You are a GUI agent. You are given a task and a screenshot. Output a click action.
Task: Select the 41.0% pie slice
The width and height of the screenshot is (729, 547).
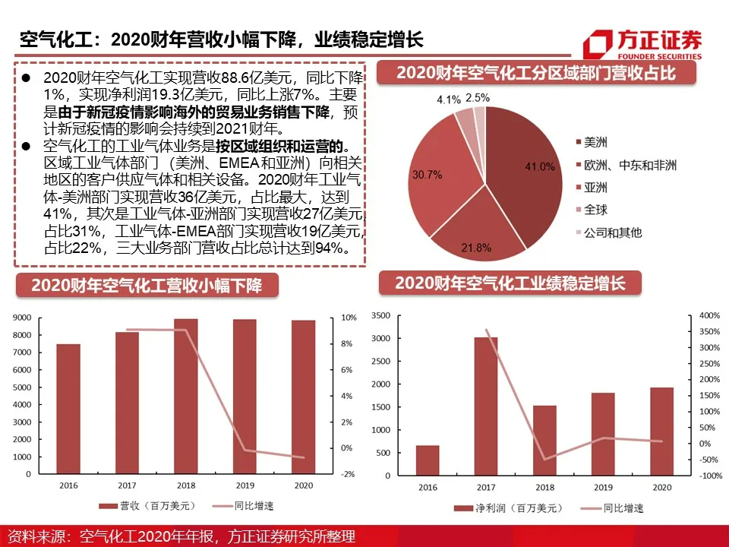pyautogui.click(x=523, y=175)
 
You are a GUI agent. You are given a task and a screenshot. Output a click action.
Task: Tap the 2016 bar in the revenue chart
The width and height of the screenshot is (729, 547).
pyautogui.click(x=68, y=409)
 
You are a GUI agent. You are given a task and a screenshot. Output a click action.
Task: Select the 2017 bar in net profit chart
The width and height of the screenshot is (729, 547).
pyautogui.click(x=486, y=406)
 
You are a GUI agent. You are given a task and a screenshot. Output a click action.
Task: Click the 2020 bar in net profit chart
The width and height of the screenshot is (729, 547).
pyautogui.click(x=661, y=432)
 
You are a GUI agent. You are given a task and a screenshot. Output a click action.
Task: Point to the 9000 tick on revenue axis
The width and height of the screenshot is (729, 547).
pyautogui.click(x=22, y=318)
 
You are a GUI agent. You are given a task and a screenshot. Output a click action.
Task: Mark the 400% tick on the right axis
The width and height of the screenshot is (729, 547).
pyautogui.click(x=708, y=315)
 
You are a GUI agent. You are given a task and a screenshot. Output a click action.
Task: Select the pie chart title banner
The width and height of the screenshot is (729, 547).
pyautogui.click(x=535, y=73)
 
